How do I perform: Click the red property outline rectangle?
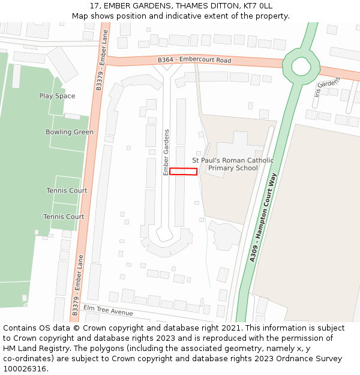coord(183,172)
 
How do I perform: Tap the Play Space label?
coord(57,96)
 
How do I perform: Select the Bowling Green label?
coord(70,132)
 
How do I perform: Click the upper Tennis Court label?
coord(67,191)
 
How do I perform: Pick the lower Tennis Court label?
coord(64,217)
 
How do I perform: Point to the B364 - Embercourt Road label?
coord(194,61)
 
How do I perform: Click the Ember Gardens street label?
coord(167,152)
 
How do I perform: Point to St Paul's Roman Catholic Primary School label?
coord(232,164)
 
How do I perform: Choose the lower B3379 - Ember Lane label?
coord(77,285)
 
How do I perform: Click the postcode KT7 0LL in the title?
coord(259,5)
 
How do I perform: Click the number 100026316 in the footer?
coord(23,369)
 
